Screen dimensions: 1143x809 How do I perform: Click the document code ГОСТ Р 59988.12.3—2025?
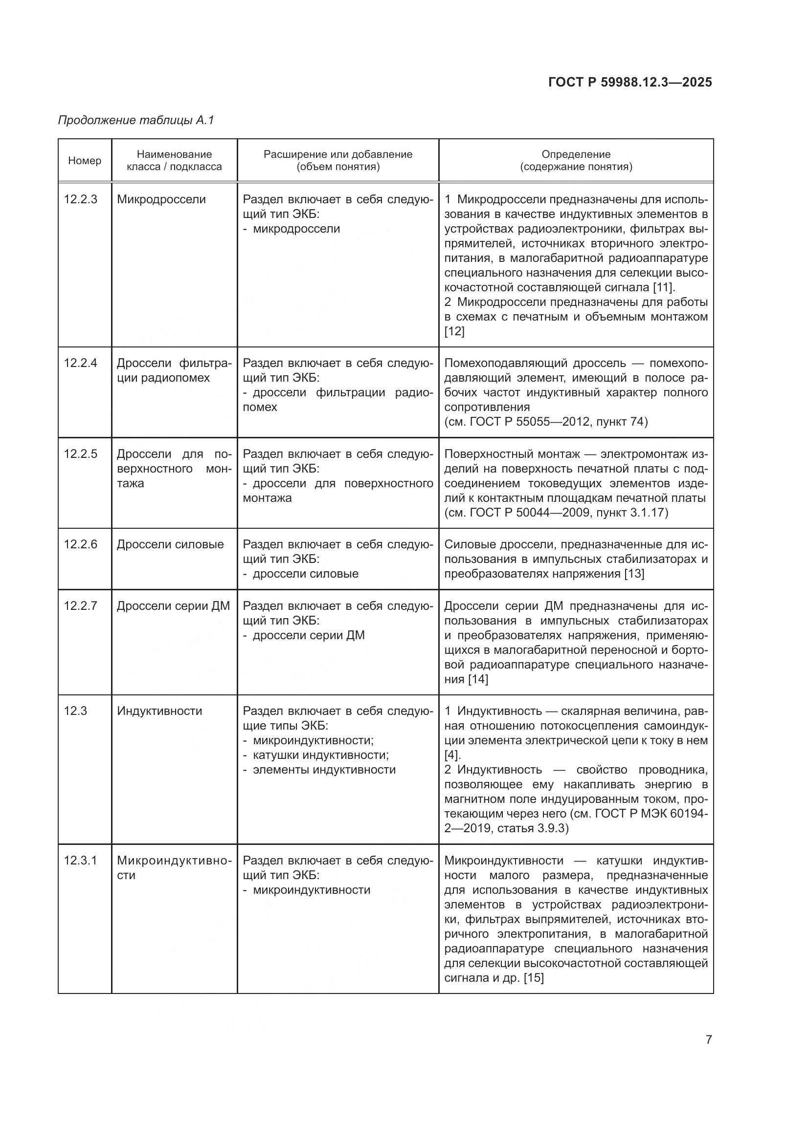pyautogui.click(x=629, y=82)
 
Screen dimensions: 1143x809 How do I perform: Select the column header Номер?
pyautogui.click(x=85, y=160)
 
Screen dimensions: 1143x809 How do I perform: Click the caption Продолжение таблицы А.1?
pyautogui.click(x=136, y=120)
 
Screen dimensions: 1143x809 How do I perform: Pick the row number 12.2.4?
pyautogui.click(x=81, y=363)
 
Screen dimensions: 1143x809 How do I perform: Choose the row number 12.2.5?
pyautogui.click(x=81, y=453)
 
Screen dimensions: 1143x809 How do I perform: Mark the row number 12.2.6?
pyautogui.click(x=81, y=544)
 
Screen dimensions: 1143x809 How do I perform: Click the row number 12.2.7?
pyautogui.click(x=81, y=606)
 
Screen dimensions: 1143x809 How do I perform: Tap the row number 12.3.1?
pyautogui.click(x=81, y=860)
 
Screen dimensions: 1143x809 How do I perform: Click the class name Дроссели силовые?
pyautogui.click(x=170, y=544)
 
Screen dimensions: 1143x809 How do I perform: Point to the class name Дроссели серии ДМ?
pyautogui.click(x=173, y=606)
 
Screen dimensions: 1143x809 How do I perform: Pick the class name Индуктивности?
pyautogui.click(x=159, y=711)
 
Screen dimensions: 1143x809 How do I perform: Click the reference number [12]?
pyautogui.click(x=454, y=331)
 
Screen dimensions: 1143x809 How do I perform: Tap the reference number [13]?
pyautogui.click(x=634, y=574)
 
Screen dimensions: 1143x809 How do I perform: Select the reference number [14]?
pyautogui.click(x=478, y=679)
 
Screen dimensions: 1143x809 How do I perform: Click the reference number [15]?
pyautogui.click(x=534, y=978)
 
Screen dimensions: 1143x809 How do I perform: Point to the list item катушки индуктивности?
pyautogui.click(x=321, y=755)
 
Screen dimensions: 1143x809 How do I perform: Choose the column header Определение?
pyautogui.click(x=576, y=154)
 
